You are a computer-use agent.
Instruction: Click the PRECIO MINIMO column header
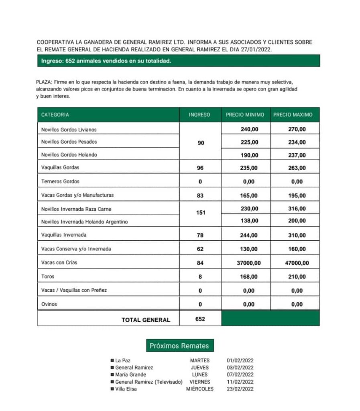tap(245, 115)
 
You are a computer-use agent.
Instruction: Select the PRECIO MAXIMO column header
tap(293, 115)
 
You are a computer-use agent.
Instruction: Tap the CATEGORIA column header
tap(55, 115)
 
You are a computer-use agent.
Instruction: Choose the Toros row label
tap(48, 277)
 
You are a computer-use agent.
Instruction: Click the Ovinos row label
tap(49, 304)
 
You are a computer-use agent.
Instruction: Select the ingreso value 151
tap(200, 213)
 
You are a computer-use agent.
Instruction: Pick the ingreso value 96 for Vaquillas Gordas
tap(200, 168)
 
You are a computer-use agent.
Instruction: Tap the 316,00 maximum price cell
tap(297, 209)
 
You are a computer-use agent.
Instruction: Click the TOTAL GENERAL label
tap(146, 320)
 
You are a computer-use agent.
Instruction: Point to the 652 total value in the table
tap(200, 319)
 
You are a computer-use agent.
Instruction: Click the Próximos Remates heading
tap(179, 346)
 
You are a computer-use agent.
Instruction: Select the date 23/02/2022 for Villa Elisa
tap(240, 389)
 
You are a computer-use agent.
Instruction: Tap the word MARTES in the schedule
tap(200, 360)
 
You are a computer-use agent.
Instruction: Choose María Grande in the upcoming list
tap(130, 374)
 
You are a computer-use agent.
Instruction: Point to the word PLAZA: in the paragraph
tap(43, 82)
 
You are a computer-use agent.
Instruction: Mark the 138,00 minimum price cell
tap(249, 221)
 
